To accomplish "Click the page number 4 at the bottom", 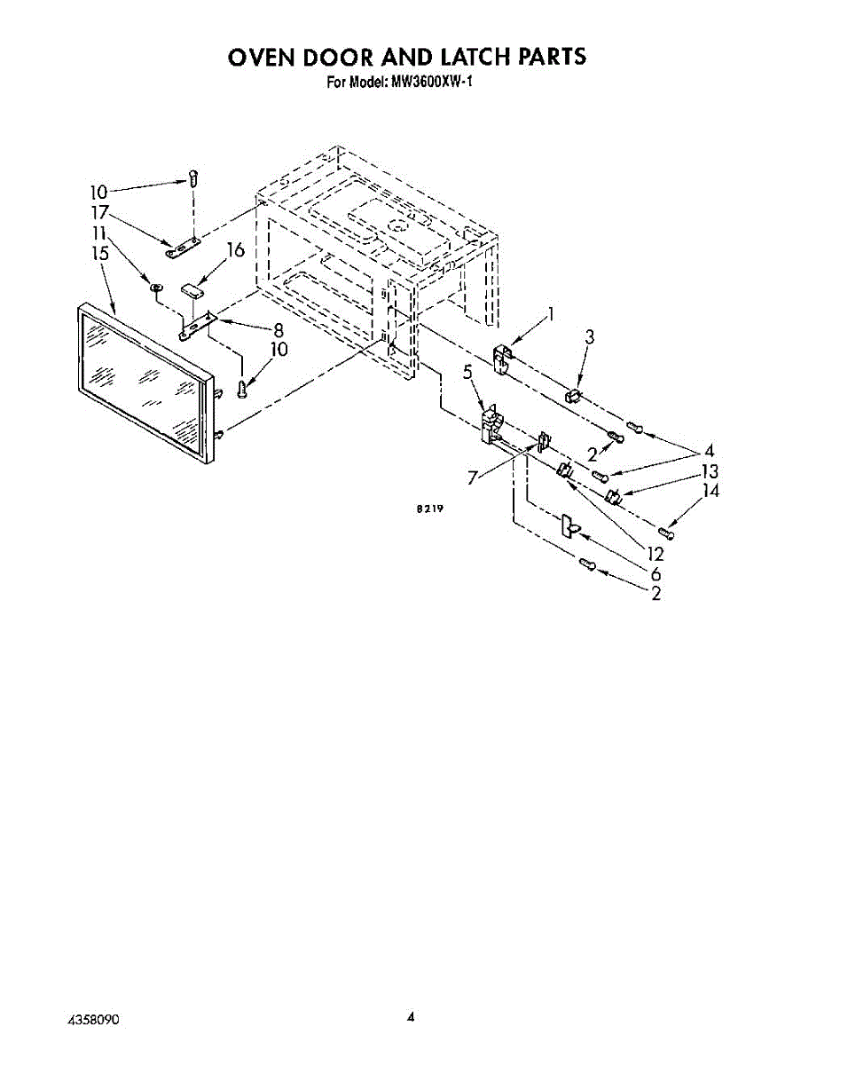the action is [x=411, y=1017].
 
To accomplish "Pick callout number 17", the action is [x=98, y=213].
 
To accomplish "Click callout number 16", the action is [x=235, y=250].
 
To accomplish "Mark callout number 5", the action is [x=467, y=373].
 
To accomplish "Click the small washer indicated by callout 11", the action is [x=153, y=287].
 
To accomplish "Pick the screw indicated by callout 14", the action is [x=666, y=531].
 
